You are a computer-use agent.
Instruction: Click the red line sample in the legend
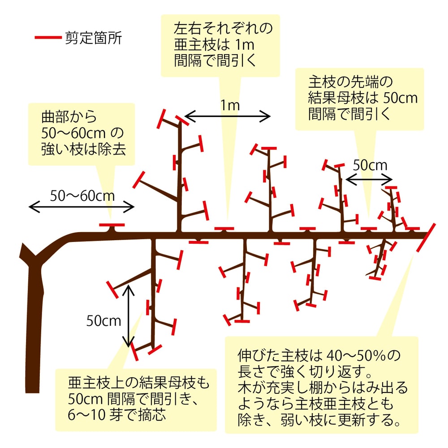click(x=47, y=38)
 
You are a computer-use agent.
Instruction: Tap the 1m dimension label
click(x=229, y=106)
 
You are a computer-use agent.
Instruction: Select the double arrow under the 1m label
click(x=228, y=117)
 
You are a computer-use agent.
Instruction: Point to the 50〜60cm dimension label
click(x=82, y=196)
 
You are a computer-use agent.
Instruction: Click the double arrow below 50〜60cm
click(x=82, y=207)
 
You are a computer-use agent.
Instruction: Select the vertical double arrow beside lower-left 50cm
click(x=129, y=316)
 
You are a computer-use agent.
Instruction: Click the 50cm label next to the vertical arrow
click(x=104, y=321)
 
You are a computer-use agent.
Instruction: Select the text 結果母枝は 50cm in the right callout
click(x=363, y=98)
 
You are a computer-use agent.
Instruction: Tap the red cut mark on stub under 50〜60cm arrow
click(x=112, y=224)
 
